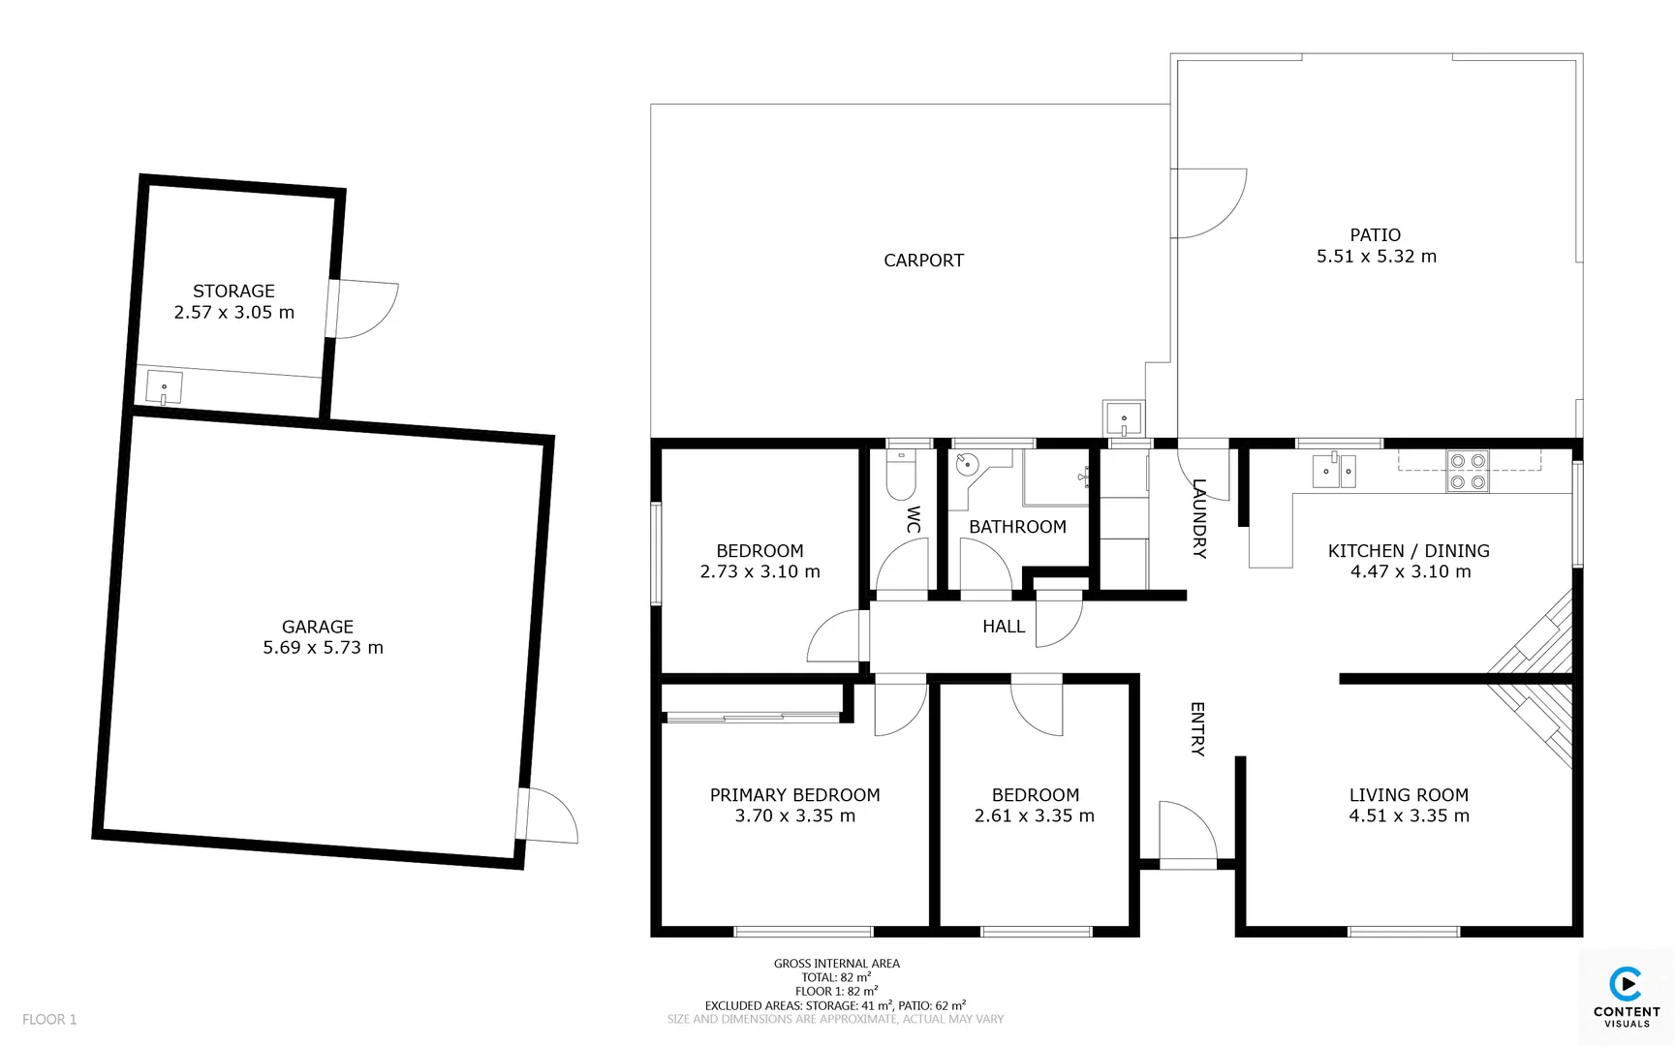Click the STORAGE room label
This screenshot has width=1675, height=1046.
click(x=233, y=291)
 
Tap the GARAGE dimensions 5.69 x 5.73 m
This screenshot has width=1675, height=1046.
click(x=323, y=648)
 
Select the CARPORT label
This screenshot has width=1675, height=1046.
click(x=923, y=261)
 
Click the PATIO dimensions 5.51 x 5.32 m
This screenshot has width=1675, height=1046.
click(x=1376, y=257)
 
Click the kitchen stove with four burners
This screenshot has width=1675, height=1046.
click(x=1467, y=472)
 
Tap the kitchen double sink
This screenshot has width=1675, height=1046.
click(x=1334, y=472)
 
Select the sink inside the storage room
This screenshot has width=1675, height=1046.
click(x=164, y=388)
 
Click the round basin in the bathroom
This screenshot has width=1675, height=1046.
click(x=967, y=465)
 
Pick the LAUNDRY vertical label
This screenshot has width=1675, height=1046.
click(x=1198, y=518)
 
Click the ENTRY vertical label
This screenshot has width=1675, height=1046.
click(x=1196, y=728)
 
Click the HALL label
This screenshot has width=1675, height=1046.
click(x=1004, y=627)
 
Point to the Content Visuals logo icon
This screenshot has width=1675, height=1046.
click(x=1626, y=985)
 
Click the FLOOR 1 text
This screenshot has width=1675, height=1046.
click(x=49, y=1019)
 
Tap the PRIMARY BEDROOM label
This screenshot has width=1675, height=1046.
click(x=794, y=795)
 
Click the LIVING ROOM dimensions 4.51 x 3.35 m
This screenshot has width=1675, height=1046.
click(x=1409, y=816)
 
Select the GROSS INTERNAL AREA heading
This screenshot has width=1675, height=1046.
click(x=836, y=964)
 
